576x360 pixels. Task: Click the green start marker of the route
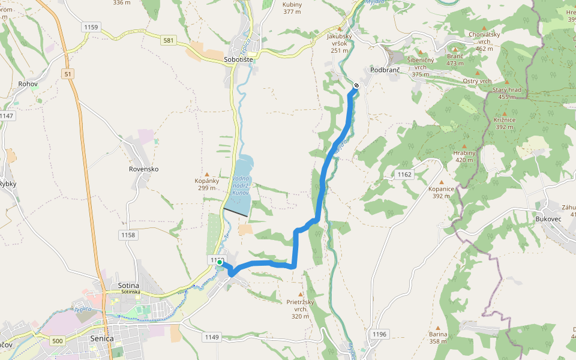(220, 262)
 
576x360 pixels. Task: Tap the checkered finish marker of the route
(356, 86)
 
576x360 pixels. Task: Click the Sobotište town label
(239, 60)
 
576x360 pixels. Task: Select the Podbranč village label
(385, 70)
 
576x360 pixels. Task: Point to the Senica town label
(101, 338)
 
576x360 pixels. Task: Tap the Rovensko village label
(143, 169)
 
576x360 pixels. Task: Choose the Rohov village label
(28, 84)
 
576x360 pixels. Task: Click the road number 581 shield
(169, 41)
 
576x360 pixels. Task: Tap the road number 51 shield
(67, 73)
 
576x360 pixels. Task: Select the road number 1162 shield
(404, 175)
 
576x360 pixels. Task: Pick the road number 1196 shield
(380, 334)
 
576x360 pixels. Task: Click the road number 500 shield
(57, 341)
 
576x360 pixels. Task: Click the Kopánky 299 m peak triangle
(207, 175)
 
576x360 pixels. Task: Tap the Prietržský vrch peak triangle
(301, 295)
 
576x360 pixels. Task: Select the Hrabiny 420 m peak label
(464, 156)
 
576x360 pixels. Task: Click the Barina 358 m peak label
(438, 338)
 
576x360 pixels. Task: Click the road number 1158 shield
(127, 235)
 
